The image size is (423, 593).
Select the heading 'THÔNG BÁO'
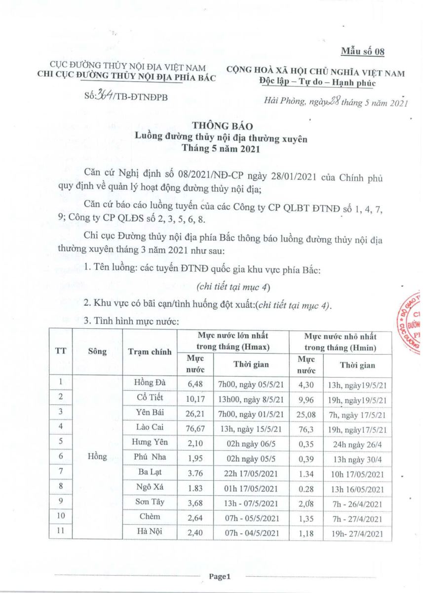point(221,129)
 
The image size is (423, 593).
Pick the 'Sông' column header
point(97,352)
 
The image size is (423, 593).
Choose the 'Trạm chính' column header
point(150,352)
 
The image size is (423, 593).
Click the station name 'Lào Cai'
point(150,426)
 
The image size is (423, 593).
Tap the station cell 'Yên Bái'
point(150,412)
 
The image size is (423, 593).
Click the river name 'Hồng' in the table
point(97,457)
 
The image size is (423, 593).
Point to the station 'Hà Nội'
point(150,532)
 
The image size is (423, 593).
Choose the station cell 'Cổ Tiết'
point(150,397)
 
